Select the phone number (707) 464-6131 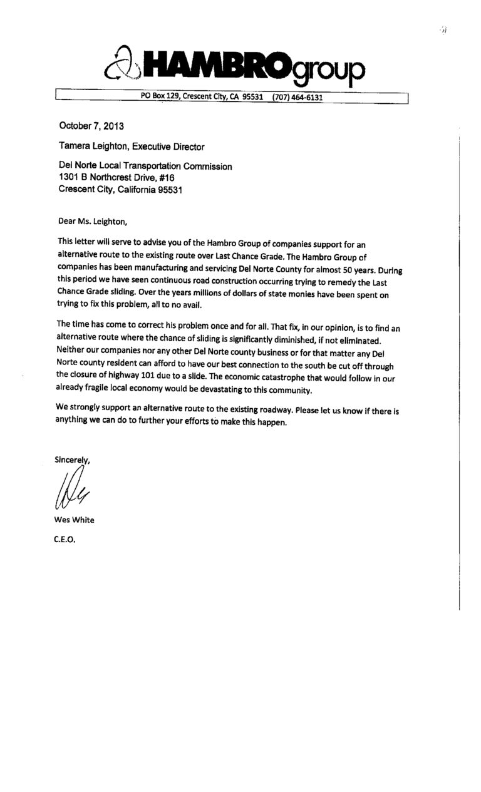pos(297,97)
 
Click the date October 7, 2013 pos(91,126)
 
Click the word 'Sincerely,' pos(73,461)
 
